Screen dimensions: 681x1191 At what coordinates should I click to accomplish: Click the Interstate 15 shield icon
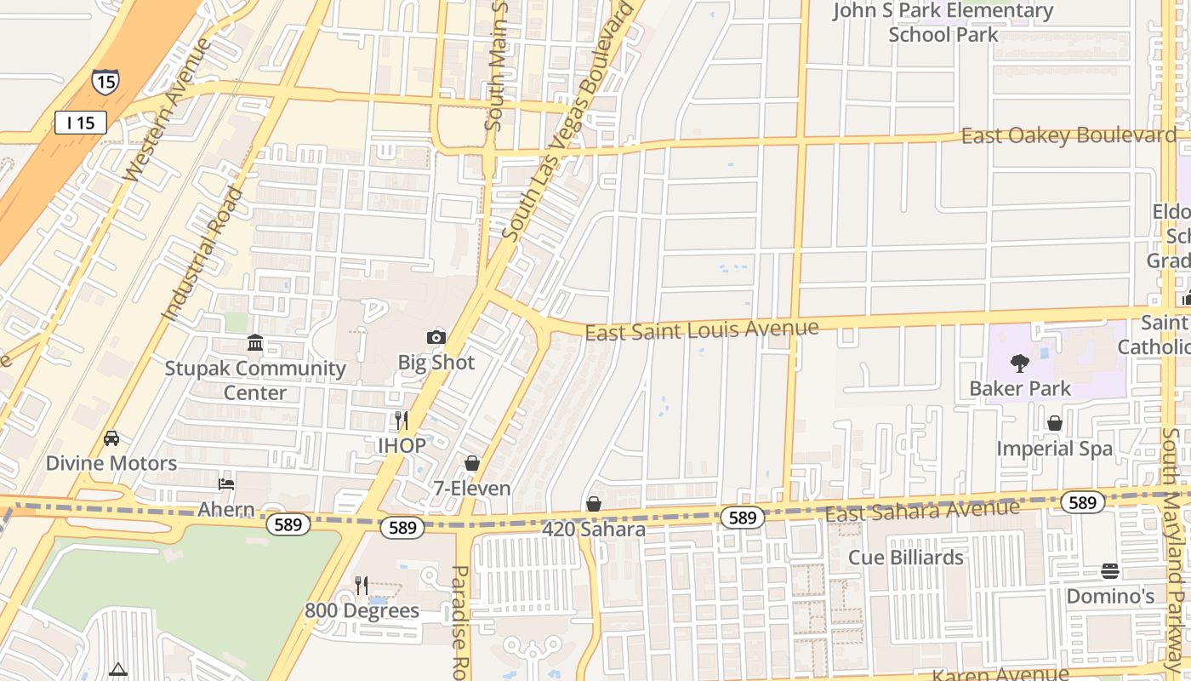click(105, 81)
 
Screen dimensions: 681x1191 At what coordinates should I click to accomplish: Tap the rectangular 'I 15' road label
click(81, 123)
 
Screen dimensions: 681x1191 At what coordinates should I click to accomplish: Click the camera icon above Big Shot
click(436, 337)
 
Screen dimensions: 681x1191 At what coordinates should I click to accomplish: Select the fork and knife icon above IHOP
click(401, 420)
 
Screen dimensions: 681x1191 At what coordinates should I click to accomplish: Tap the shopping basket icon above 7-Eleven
click(471, 463)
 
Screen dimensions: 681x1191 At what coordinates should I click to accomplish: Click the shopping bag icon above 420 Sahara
click(594, 504)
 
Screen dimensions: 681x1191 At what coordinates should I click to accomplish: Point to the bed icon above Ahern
click(226, 484)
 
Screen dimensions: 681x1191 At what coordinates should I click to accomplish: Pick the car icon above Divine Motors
click(111, 438)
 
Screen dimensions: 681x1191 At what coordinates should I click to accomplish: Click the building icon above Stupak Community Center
click(254, 343)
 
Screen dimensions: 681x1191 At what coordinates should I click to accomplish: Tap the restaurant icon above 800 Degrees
click(362, 585)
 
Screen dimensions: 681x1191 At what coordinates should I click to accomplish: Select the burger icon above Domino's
click(1109, 570)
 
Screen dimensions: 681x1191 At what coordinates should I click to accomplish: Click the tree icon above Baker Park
click(1019, 363)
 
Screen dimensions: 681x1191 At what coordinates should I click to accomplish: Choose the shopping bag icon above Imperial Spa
click(1055, 423)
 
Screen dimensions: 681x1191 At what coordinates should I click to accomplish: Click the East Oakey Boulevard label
click(1068, 135)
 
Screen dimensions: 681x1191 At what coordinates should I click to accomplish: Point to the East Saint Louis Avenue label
click(702, 329)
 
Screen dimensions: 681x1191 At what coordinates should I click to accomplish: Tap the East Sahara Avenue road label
click(922, 511)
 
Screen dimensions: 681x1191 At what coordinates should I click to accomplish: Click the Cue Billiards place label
click(906, 558)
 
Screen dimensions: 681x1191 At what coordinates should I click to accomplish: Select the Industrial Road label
click(202, 254)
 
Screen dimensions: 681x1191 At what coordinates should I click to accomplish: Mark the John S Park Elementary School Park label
click(943, 23)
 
